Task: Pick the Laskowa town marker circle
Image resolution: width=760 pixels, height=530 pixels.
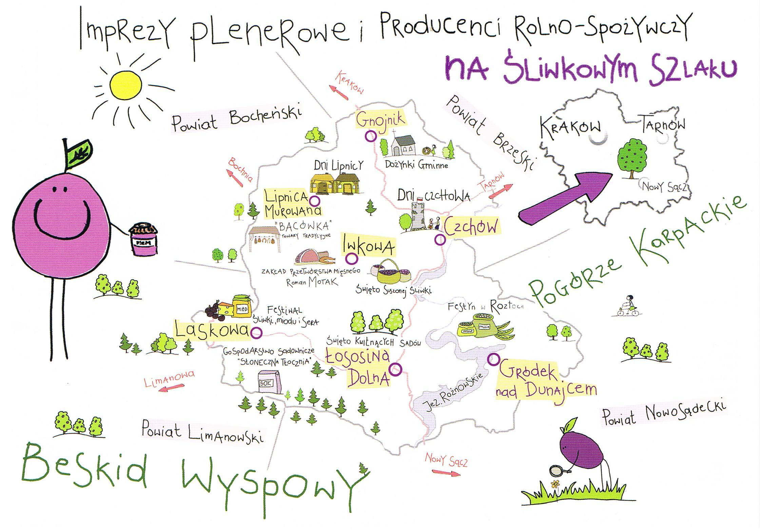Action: pyautogui.click(x=256, y=333)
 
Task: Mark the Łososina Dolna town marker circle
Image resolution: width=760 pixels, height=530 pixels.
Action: pyautogui.click(x=395, y=368)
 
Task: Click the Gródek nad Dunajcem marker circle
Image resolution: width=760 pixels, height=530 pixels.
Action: pyautogui.click(x=493, y=359)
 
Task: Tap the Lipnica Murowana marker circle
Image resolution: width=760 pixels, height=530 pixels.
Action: pyautogui.click(x=314, y=201)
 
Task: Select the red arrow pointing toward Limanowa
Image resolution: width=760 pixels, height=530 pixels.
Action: pyautogui.click(x=172, y=388)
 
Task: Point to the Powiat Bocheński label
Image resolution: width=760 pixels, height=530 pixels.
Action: pyautogui.click(x=237, y=119)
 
